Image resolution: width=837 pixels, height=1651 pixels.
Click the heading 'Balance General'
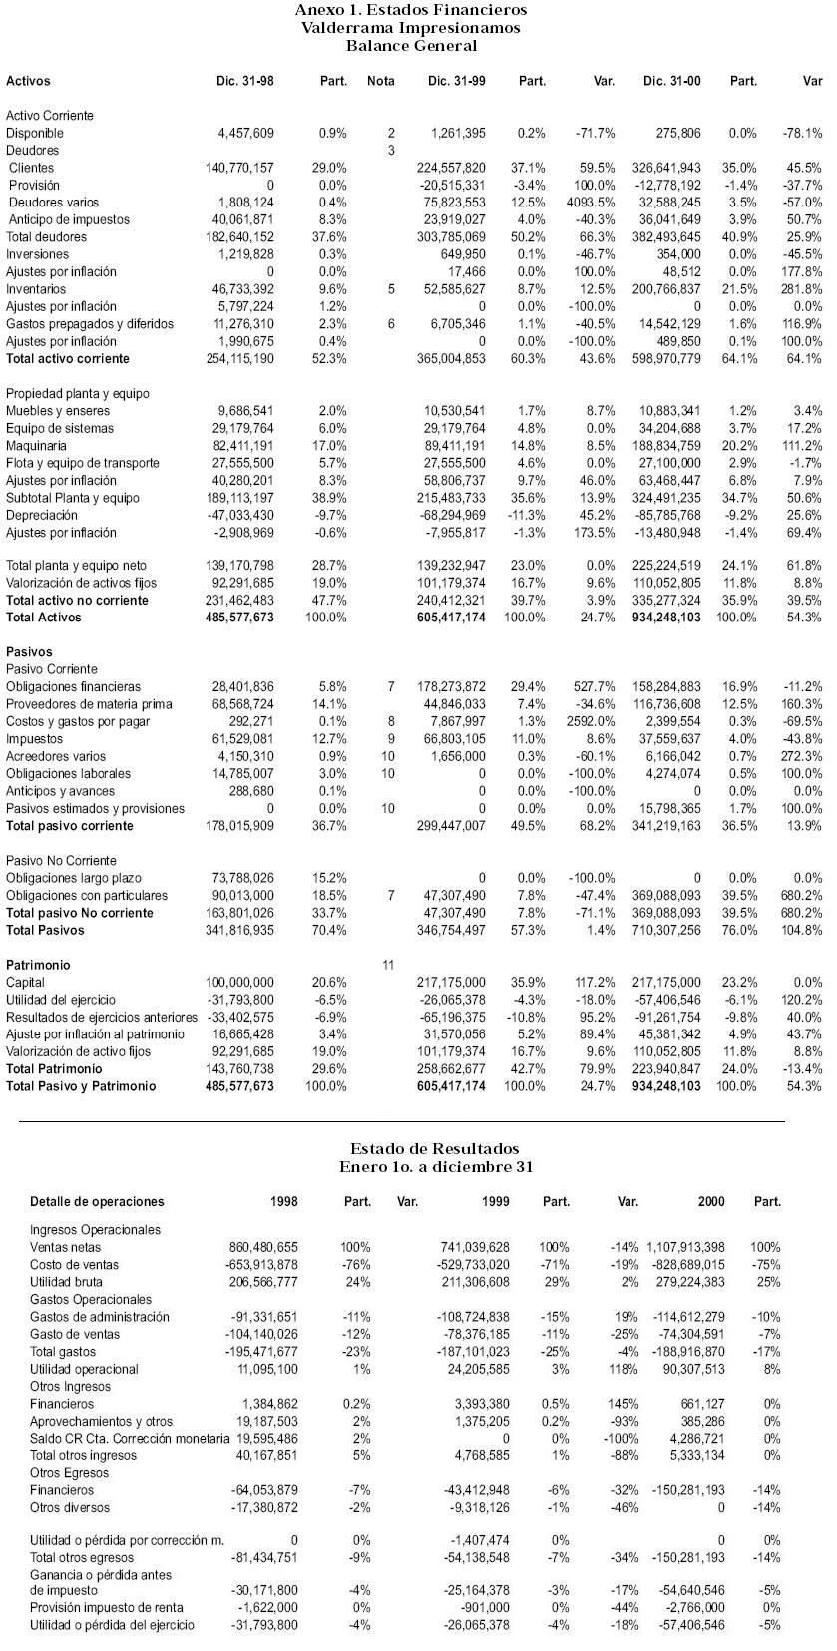tap(411, 45)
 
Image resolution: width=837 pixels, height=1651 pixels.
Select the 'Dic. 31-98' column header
tap(244, 81)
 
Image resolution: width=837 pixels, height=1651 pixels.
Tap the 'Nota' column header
tap(380, 81)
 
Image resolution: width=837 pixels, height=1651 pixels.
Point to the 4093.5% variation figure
tap(593, 203)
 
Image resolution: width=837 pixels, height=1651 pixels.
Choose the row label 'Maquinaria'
tap(37, 446)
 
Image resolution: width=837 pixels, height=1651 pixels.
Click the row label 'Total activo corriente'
tap(68, 359)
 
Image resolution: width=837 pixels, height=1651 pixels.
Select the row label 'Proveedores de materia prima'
tap(89, 704)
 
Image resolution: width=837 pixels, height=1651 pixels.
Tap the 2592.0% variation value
tap(593, 722)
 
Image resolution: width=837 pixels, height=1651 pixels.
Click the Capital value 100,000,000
tap(239, 983)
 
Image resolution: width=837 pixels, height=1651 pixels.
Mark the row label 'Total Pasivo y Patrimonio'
tap(81, 1086)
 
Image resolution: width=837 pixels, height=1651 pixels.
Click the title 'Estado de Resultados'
tap(434, 1149)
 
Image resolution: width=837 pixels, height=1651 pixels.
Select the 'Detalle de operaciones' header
tap(97, 1202)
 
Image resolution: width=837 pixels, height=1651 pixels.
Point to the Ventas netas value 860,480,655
tap(256, 1248)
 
